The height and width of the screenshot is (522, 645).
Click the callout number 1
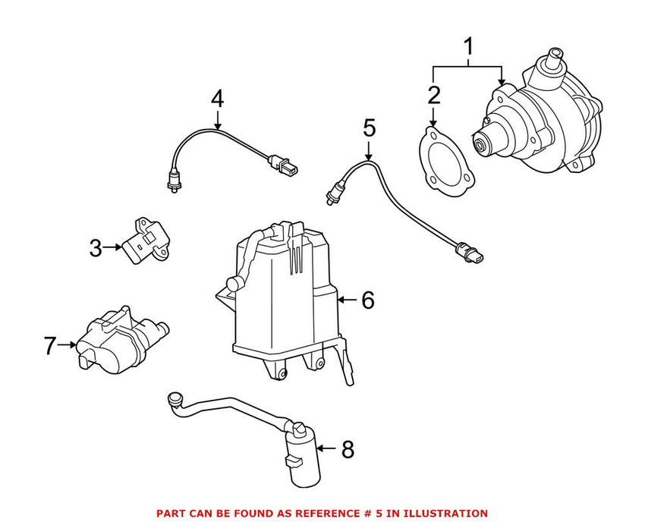(x=468, y=48)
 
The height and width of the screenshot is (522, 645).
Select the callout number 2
(x=433, y=96)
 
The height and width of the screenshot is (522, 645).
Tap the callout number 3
(x=96, y=247)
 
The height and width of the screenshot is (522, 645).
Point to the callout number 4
(x=217, y=99)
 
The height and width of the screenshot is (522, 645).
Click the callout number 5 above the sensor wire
(x=369, y=127)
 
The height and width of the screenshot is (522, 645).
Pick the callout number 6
(x=368, y=300)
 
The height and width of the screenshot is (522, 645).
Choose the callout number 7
(x=50, y=346)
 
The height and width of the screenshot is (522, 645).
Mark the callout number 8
(x=348, y=449)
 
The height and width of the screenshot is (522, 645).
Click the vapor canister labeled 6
(x=281, y=296)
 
